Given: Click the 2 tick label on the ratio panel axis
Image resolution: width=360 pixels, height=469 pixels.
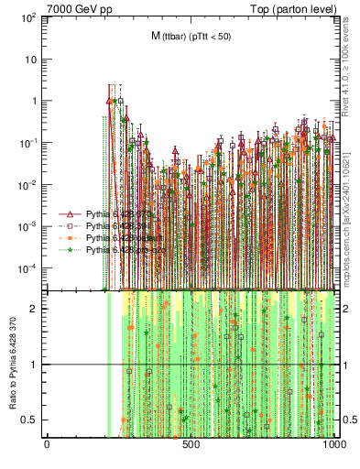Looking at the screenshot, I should tap(34, 309).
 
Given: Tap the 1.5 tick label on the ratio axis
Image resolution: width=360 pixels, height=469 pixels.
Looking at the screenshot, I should tap(30, 336).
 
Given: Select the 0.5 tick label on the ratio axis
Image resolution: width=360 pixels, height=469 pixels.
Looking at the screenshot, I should tap(30, 420).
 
